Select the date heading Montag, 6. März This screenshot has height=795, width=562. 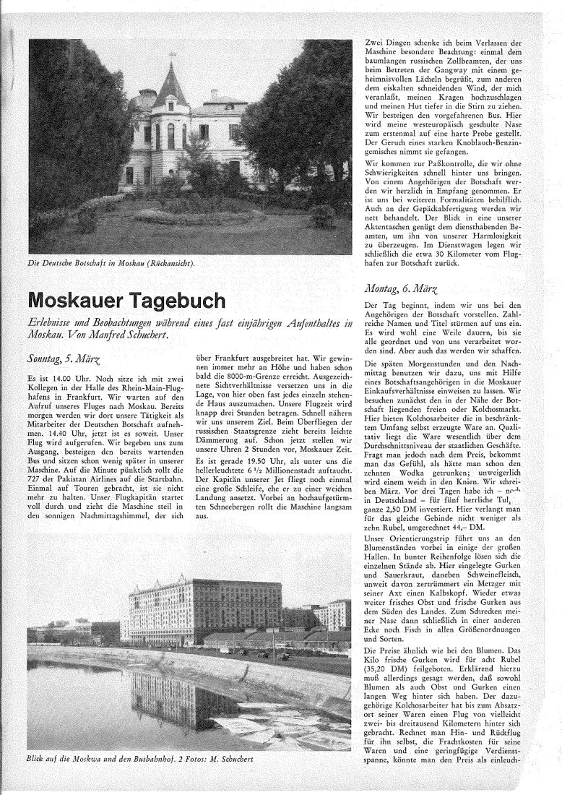click(403, 289)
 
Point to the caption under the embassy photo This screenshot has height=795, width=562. click(111, 262)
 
